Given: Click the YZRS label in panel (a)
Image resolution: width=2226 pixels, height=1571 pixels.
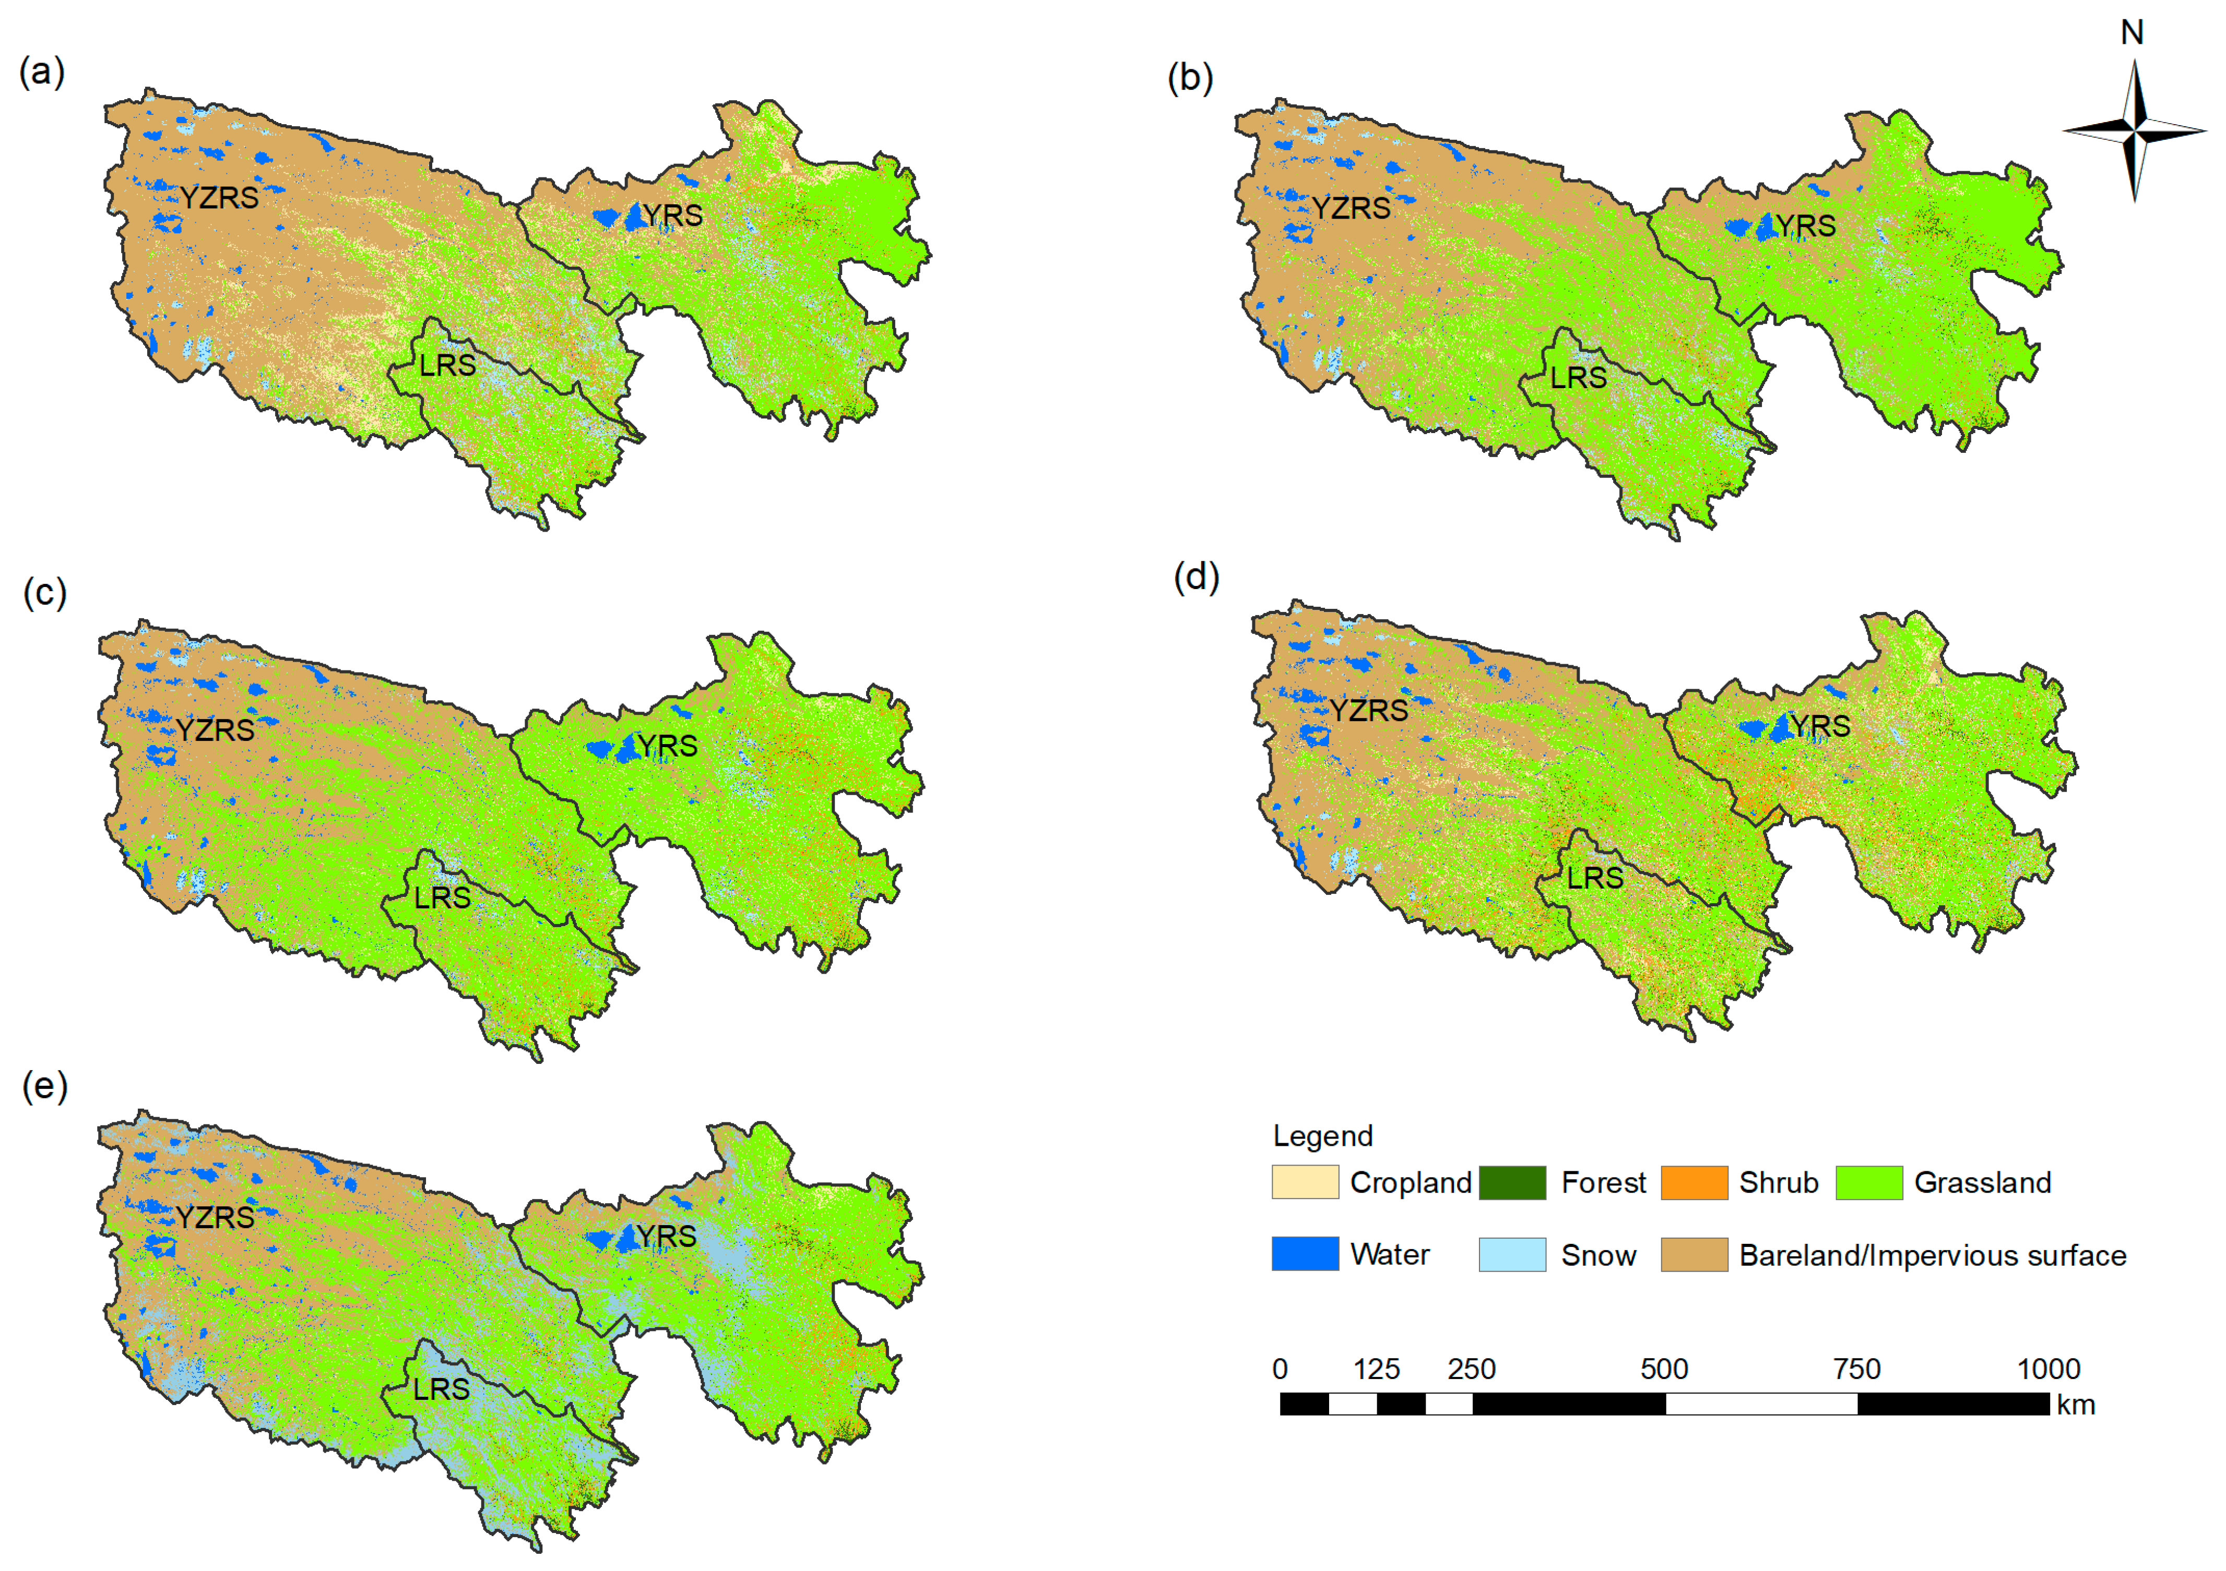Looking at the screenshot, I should [219, 198].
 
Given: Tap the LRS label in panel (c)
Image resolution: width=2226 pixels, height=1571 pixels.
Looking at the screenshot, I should [442, 897].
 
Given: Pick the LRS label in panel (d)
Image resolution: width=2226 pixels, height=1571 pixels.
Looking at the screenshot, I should [1595, 878].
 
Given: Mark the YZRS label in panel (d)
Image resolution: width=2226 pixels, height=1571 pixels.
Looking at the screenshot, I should [1368, 711].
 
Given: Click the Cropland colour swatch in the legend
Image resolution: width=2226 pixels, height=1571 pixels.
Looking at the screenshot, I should [1305, 1182].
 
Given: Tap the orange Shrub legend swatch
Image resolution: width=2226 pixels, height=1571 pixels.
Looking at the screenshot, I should [1694, 1182].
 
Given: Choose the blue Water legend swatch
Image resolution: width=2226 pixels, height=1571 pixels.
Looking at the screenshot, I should [1305, 1254].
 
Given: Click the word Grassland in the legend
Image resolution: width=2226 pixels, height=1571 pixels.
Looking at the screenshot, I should [1983, 1182].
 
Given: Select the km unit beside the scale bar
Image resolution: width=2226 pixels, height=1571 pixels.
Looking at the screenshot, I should [2076, 1405].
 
